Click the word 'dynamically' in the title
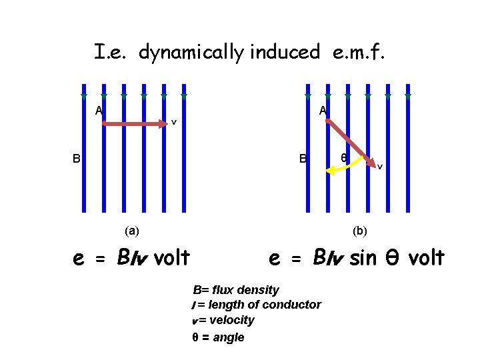tap(191, 53)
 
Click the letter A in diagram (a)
tap(98, 111)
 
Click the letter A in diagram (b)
tap(323, 111)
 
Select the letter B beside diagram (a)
tap(77, 159)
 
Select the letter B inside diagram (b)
tap(303, 159)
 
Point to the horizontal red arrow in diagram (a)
tap(133, 123)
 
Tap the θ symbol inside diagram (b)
tap(343, 158)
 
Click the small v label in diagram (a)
tap(174, 122)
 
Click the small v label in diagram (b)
tap(380, 167)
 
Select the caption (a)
tap(132, 231)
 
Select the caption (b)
tap(360, 231)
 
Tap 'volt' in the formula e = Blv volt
tap(172, 257)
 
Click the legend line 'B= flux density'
tap(235, 290)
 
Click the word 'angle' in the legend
tap(229, 337)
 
